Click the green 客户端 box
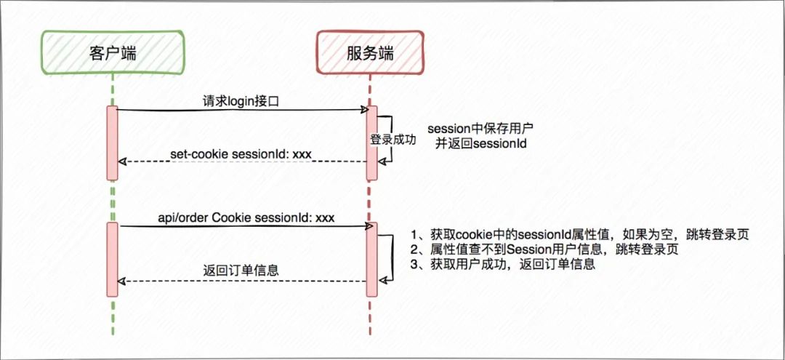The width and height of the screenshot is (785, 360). coord(113,52)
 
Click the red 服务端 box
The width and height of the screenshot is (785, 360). coord(370,52)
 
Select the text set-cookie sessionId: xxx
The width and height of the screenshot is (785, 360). coord(241,154)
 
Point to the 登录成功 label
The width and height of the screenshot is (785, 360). coord(392,140)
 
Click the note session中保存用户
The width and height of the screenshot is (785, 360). coord(480,129)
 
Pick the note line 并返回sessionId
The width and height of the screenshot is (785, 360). coord(480,144)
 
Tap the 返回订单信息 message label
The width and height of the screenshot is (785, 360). coord(241,271)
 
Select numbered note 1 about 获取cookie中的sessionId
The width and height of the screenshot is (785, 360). coord(580,235)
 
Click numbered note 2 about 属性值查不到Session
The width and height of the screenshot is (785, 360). coord(544,250)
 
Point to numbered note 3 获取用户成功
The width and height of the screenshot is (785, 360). coord(503,265)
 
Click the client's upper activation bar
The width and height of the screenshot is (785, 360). coord(112,143)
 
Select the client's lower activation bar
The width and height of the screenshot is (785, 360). coord(112,260)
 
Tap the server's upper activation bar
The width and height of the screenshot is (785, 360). coord(371,143)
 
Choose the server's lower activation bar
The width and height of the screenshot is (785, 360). coord(371,260)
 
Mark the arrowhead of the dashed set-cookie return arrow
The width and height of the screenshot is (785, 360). coord(121,161)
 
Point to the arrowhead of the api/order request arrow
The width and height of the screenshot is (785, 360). coord(369,226)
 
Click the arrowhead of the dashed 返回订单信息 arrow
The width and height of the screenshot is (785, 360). coord(121,281)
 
